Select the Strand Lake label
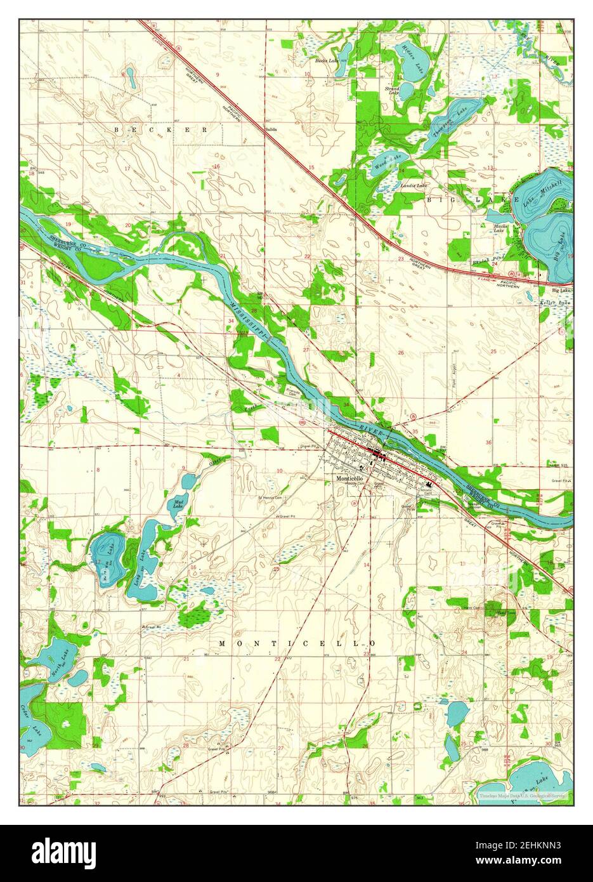[393, 91]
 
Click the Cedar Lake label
[27, 717]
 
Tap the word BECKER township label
[160, 129]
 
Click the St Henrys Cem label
[269, 497]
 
